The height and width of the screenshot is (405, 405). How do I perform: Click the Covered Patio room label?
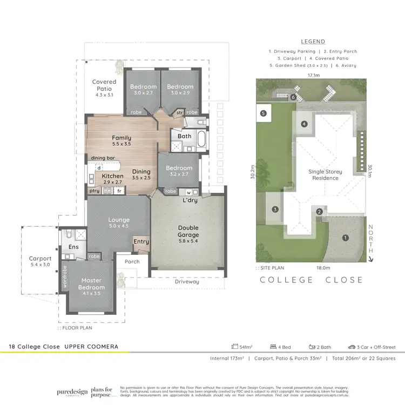point(104,85)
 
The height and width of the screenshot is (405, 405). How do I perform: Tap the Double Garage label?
point(188,231)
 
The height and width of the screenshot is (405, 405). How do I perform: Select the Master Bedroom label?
point(91,284)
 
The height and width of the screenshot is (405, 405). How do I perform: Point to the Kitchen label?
point(113,176)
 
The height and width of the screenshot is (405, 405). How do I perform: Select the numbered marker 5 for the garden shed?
point(263,113)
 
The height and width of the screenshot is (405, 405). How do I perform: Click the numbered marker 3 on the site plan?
point(275,210)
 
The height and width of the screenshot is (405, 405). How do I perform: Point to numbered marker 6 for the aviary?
point(293,97)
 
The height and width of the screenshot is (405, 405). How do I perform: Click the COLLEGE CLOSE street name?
point(312,280)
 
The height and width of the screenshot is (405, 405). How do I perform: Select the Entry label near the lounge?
point(141,242)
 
